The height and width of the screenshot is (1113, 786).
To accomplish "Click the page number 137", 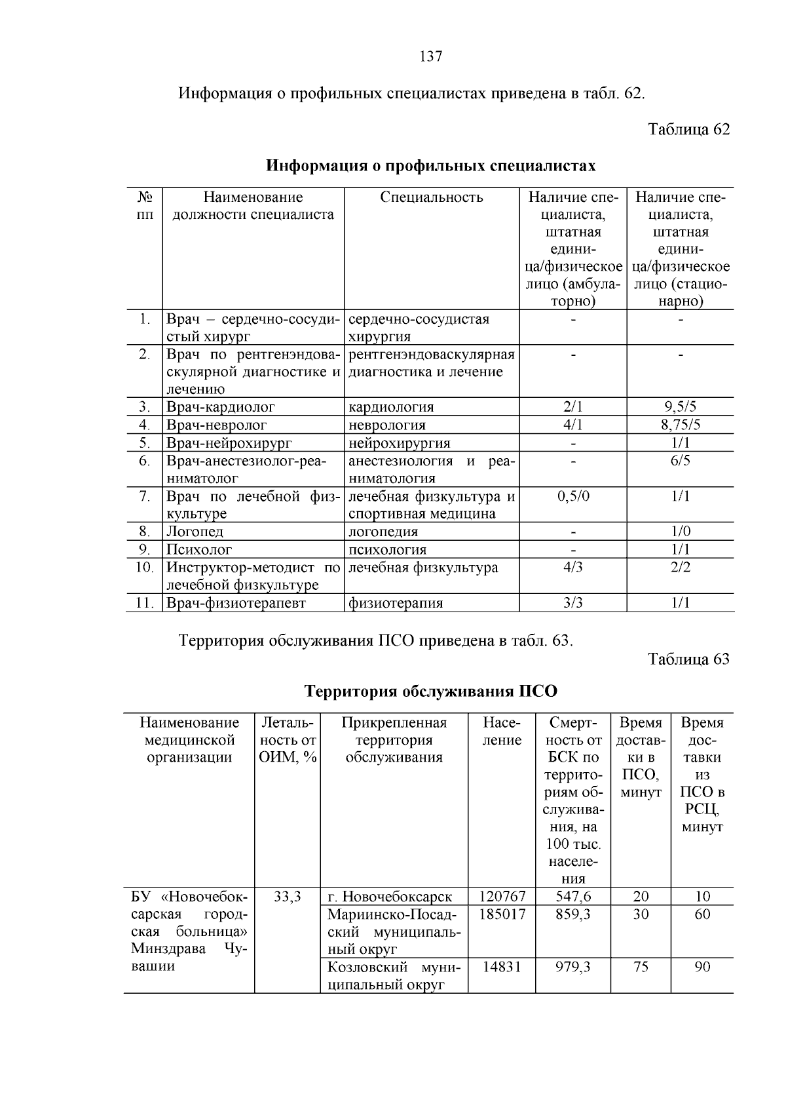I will point(430,57).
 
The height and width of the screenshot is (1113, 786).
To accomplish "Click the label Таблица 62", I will point(688,129).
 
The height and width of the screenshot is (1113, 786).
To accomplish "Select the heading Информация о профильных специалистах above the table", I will point(430,166).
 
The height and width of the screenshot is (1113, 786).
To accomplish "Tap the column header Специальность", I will point(432,197).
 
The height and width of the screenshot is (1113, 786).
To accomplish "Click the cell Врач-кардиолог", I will point(221,407).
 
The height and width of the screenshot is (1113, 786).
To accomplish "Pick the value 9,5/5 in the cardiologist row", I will point(681,407).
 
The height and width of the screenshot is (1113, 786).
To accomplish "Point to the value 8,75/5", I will point(681,425).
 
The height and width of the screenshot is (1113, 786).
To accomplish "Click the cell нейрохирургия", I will point(399,443).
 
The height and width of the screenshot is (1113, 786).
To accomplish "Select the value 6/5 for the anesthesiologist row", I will point(681,461).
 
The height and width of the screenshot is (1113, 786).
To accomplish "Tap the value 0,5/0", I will point(573,496).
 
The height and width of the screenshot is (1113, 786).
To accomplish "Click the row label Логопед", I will point(195,532).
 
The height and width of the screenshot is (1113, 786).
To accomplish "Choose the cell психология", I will point(387,550).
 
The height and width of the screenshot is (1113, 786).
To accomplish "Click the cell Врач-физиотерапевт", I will point(236,603).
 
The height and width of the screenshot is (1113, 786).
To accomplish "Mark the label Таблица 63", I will point(688,659).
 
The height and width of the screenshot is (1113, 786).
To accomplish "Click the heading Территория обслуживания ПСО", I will point(431,692).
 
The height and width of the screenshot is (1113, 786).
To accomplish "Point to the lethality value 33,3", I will point(287,896).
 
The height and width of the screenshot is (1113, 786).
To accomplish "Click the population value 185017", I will point(502,914).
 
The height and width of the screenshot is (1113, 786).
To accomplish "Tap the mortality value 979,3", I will point(573,967).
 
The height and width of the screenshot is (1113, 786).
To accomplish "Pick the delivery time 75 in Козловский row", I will point(641,967).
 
